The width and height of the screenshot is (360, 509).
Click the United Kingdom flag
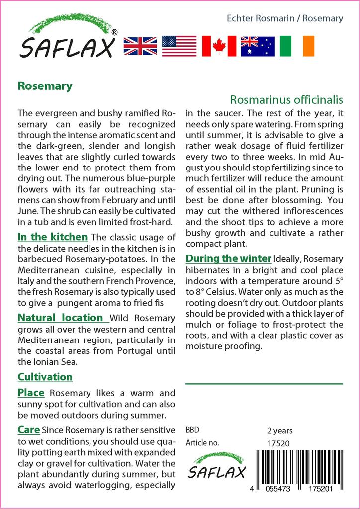coord(140,46)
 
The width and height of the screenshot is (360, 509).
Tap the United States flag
coord(179,46)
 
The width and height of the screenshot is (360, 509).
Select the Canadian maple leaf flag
coord(219,46)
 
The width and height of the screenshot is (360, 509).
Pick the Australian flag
coord(258,46)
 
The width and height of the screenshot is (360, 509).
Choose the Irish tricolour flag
coord(297,46)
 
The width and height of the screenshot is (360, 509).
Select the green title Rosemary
coord(45,86)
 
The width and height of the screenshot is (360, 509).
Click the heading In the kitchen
coord(53,237)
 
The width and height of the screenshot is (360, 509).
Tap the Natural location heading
coord(61,317)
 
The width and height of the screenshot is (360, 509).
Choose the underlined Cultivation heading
coord(45,377)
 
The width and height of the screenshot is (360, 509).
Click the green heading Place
coord(31,393)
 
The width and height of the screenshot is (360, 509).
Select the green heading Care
coord(29,429)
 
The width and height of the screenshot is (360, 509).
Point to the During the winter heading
coord(228,258)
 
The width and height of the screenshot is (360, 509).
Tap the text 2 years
coord(280,430)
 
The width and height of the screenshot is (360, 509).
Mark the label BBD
coord(192,430)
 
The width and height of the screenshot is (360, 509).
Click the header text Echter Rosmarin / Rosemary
coord(285,18)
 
